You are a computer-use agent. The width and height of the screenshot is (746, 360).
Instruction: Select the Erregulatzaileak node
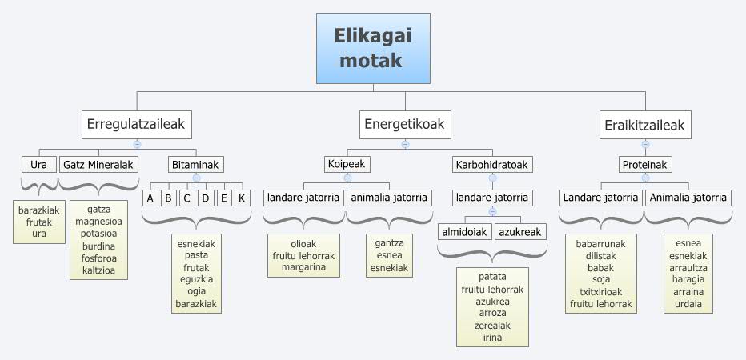click(138, 125)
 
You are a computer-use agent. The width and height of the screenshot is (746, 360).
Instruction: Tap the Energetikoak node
click(404, 125)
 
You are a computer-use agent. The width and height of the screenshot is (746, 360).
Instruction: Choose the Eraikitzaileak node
click(644, 125)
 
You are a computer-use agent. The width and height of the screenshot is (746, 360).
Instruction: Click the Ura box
click(38, 165)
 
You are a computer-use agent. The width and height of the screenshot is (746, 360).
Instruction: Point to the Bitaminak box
click(195, 165)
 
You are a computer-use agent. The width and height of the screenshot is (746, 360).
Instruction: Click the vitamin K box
click(242, 198)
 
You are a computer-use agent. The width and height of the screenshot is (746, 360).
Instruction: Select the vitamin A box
click(150, 198)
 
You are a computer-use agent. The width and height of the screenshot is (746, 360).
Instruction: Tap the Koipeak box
click(347, 165)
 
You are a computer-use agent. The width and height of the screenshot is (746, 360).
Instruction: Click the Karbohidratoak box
click(492, 165)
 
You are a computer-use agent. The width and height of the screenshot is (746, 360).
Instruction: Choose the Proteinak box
click(645, 165)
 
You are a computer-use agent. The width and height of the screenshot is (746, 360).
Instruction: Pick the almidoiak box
click(463, 232)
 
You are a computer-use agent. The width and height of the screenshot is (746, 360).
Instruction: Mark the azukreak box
click(519, 232)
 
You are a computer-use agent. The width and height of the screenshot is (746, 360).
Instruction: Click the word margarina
click(303, 267)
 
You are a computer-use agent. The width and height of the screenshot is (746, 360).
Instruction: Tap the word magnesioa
click(98, 222)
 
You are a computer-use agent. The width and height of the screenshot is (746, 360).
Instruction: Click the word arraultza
click(688, 267)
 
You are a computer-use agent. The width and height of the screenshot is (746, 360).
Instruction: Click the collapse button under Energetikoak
click(405, 145)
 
